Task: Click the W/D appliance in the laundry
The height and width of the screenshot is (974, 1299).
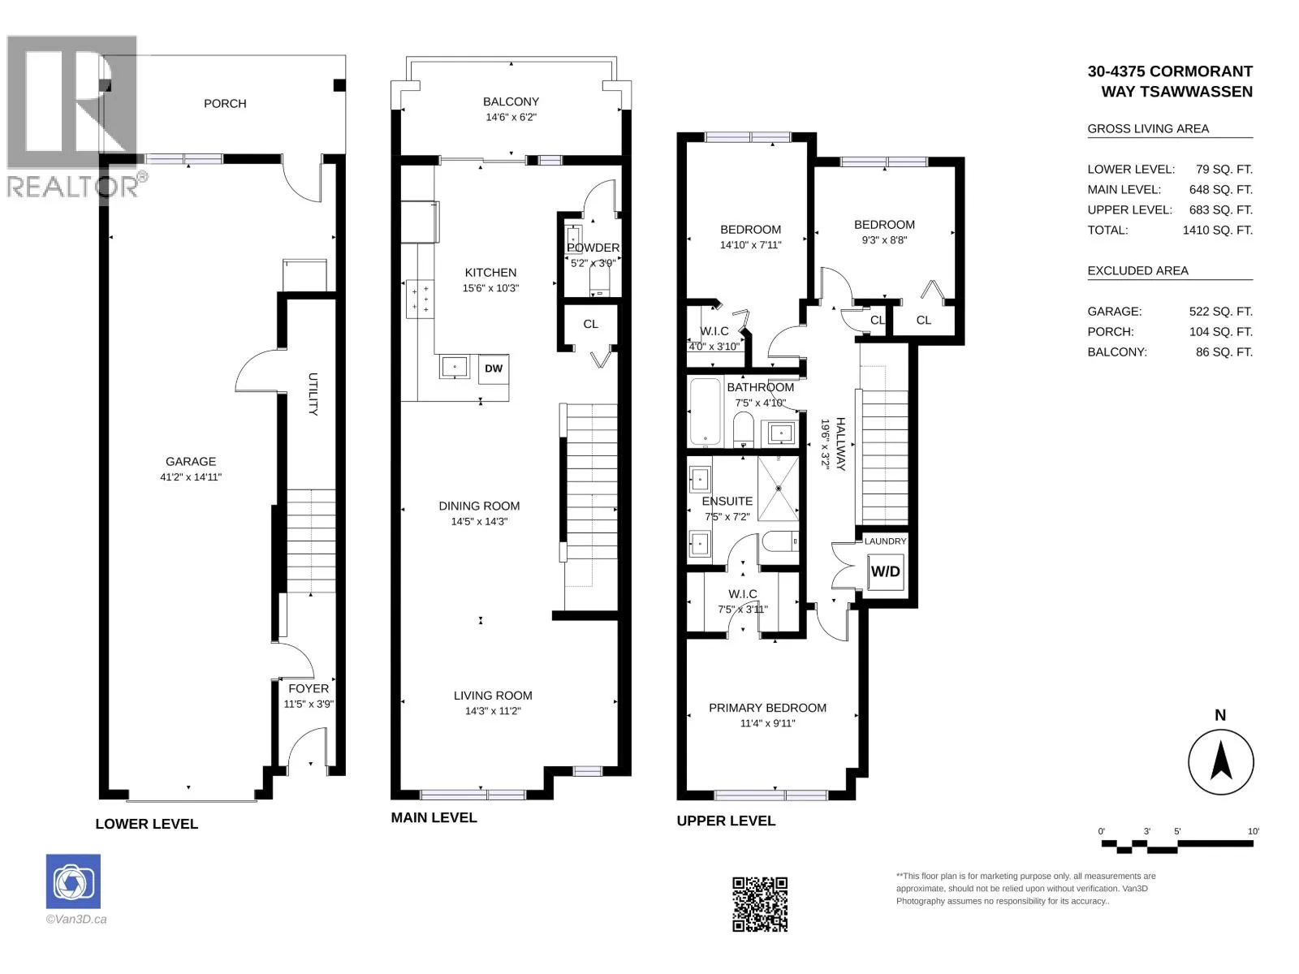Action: (885, 571)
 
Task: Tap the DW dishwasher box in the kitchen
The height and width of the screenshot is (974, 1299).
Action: (494, 368)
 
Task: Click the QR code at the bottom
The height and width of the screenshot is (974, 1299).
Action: (760, 904)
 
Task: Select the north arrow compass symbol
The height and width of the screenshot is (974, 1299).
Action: (1220, 761)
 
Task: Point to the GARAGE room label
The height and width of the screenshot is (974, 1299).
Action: (191, 461)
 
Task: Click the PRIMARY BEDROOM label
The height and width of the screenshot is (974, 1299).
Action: (767, 708)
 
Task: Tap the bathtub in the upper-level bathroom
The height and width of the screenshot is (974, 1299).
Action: (706, 412)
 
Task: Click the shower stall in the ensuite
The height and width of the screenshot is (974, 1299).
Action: (779, 489)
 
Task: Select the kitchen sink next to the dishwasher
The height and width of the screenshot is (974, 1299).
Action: (455, 367)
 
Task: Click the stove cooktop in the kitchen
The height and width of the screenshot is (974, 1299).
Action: (421, 300)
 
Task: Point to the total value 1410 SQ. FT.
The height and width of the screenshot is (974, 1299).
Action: (1217, 230)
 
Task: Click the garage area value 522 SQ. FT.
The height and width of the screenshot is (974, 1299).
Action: (1221, 311)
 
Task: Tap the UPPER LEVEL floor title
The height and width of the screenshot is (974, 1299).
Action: (726, 821)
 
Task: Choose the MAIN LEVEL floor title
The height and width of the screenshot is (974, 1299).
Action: (434, 818)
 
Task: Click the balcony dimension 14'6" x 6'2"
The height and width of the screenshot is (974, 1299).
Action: (511, 117)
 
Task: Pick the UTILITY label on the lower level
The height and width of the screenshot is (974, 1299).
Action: (313, 394)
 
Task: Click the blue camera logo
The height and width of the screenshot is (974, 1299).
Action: (73, 881)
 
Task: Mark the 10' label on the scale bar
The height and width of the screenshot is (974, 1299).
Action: (1253, 831)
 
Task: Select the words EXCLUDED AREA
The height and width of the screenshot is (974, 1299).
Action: (1137, 270)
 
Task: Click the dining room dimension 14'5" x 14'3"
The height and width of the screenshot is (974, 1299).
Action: (479, 522)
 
